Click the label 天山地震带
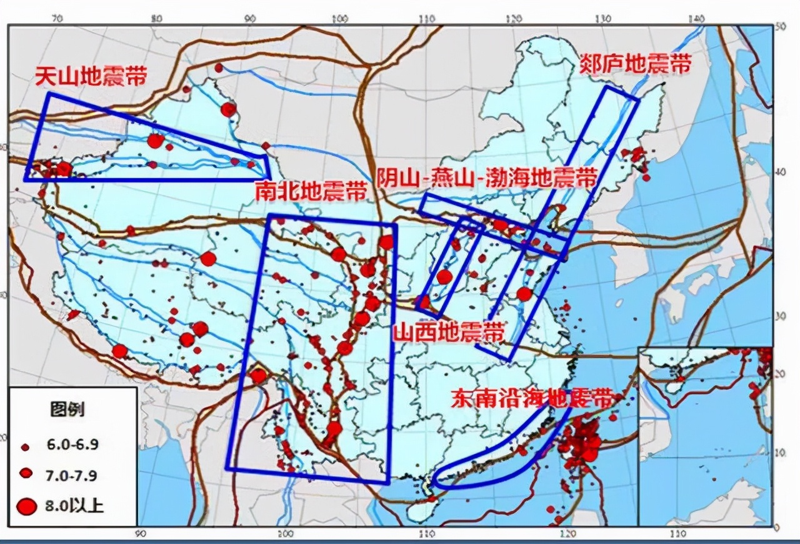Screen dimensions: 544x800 [x=91, y=78]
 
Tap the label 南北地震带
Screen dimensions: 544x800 [x=311, y=191]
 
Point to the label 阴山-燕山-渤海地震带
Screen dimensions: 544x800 [x=486, y=179]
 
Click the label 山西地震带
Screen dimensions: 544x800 [x=448, y=331]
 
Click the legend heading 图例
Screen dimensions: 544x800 [x=67, y=411]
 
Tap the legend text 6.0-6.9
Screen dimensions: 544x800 [x=72, y=445]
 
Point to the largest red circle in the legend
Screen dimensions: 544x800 [x=26, y=505]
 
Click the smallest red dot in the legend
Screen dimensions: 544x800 [x=26, y=446]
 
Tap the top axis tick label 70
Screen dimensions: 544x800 [x=57, y=19]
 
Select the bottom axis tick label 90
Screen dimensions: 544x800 [x=140, y=533]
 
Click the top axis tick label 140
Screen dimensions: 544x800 [x=696, y=19]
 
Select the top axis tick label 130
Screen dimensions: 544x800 [x=603, y=19]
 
